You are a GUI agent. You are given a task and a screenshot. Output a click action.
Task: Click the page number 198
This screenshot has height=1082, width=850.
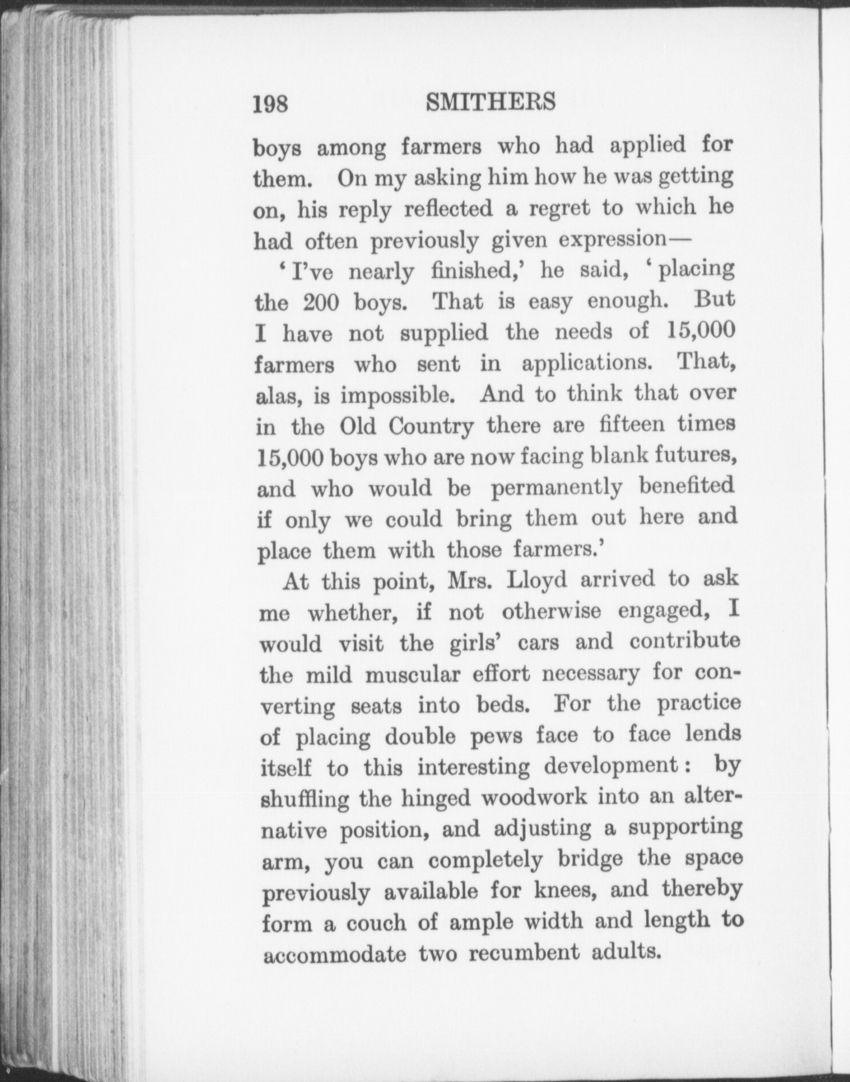[x=271, y=105]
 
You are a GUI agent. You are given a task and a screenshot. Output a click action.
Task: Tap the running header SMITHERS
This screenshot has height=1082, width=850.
[x=490, y=102]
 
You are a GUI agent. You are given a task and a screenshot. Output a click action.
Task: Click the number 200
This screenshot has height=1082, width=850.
[x=321, y=302]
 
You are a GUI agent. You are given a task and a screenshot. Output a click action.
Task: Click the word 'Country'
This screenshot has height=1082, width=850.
[x=431, y=427]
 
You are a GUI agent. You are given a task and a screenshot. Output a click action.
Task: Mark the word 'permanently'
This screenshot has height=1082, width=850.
[x=556, y=488]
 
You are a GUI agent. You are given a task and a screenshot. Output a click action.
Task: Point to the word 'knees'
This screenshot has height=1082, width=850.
[x=565, y=890]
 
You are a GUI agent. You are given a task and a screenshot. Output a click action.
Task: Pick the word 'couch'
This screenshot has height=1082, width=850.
[x=376, y=923]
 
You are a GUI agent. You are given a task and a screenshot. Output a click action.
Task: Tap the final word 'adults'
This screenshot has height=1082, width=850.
[x=627, y=951]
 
